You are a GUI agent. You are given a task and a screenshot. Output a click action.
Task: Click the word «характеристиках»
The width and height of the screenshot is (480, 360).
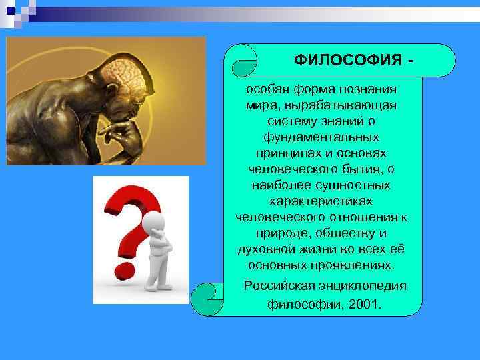[322, 201]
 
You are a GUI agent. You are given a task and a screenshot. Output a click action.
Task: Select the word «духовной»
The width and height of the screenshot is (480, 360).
[265, 249]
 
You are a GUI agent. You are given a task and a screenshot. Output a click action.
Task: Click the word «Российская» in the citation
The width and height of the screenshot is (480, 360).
[275, 286]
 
